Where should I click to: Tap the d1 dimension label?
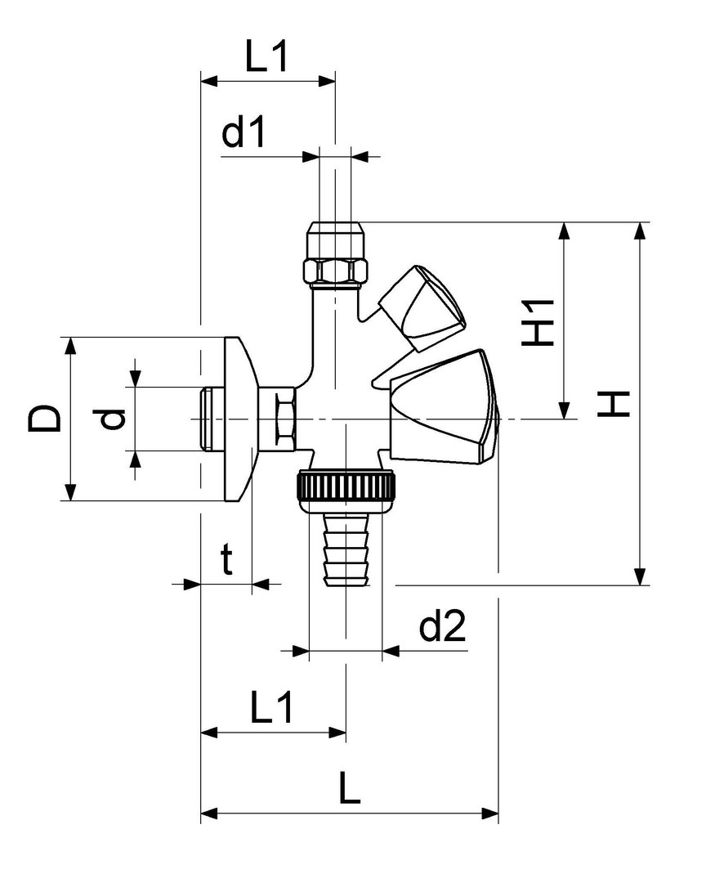244,132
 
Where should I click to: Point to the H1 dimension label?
538,322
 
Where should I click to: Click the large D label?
44,419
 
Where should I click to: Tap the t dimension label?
226,560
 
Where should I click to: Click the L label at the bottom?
349,788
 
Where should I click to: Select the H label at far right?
613,403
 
